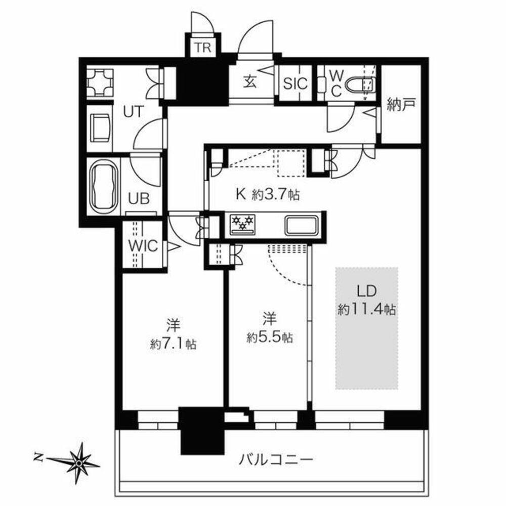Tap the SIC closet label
pyautogui.click(x=295, y=83)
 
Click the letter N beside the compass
pyautogui.click(x=37, y=457)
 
